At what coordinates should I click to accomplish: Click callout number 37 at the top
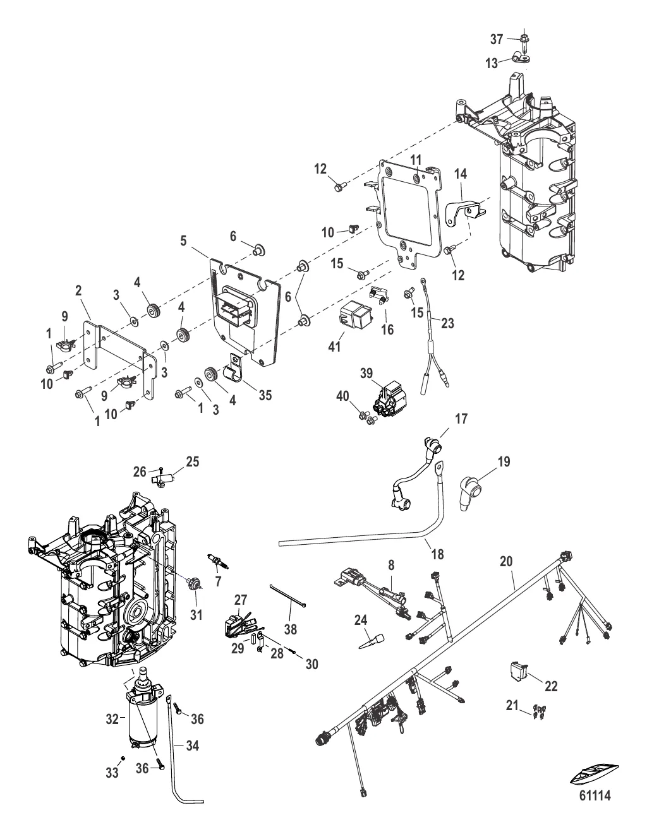(x=497, y=39)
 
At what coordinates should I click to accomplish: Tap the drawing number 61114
(x=595, y=796)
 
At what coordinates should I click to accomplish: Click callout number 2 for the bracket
(x=78, y=290)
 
